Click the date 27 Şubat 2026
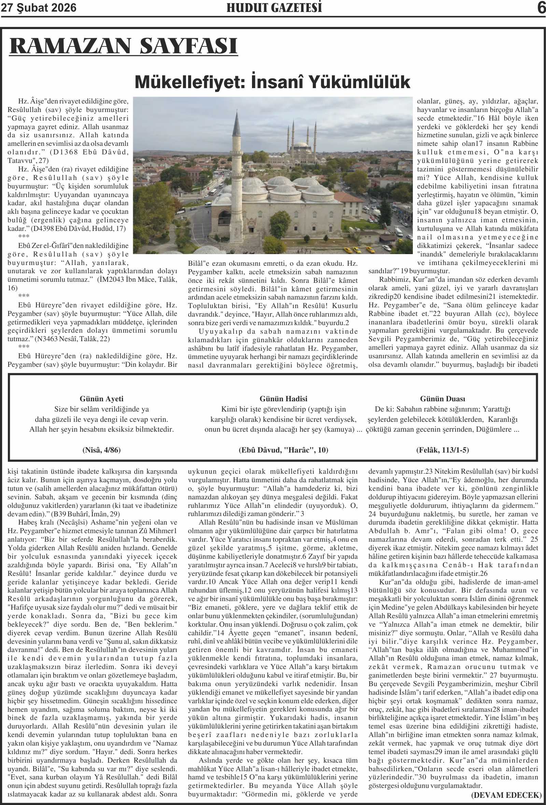(39, 8)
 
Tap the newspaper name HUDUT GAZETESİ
(274, 8)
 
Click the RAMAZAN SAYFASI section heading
(124, 46)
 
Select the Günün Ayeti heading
(101, 399)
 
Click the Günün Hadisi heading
(283, 399)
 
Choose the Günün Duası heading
(443, 399)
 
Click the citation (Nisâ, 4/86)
(101, 450)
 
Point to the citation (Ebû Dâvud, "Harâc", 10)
(283, 450)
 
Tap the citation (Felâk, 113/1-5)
(443, 450)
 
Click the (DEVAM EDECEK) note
(506, 795)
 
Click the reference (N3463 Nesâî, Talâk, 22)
(72, 339)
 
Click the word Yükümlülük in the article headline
(359, 82)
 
